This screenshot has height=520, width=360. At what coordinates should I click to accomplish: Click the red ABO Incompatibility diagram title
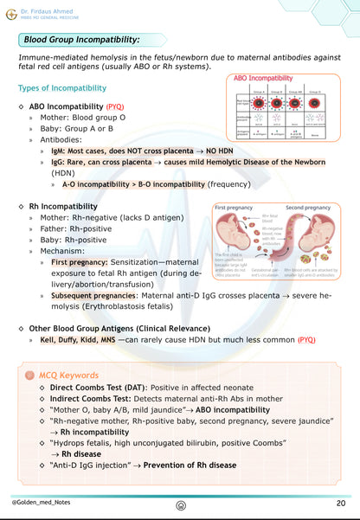(262, 78)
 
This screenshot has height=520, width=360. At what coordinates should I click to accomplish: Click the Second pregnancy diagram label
(306, 208)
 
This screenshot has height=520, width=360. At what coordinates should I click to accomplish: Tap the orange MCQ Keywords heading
(68, 375)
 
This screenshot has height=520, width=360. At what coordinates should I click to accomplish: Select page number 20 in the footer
(341, 503)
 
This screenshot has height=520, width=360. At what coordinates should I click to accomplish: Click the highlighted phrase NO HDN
(190, 149)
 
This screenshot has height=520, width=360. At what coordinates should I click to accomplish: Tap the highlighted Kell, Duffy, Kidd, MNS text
(83, 340)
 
